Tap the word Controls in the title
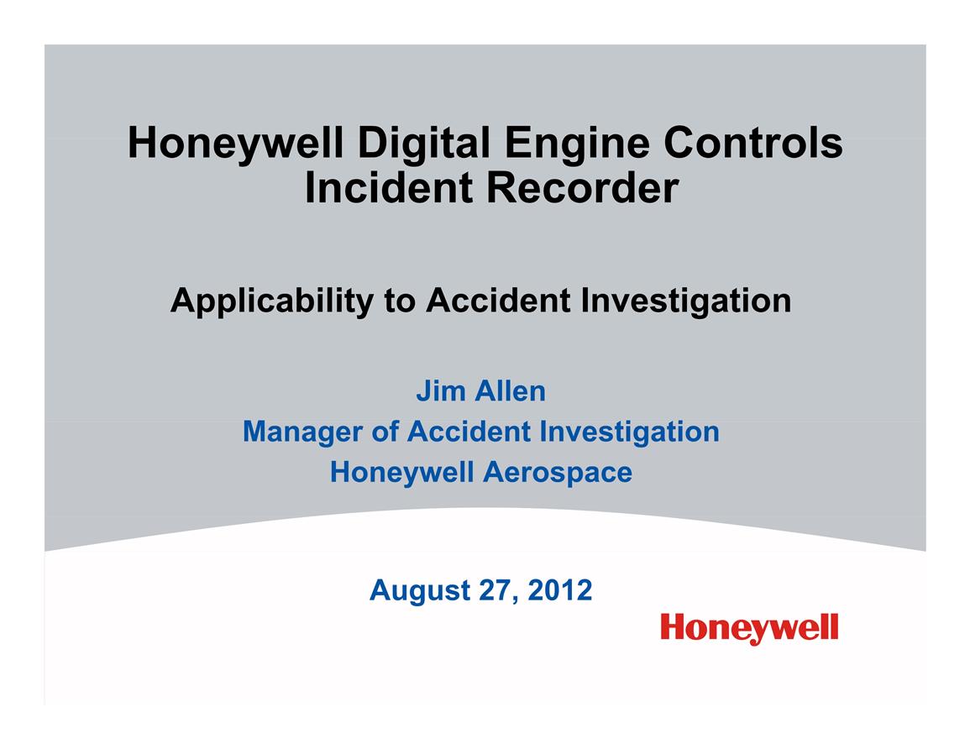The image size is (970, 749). coord(752,143)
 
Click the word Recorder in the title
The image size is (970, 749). coord(583,187)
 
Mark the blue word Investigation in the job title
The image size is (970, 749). coord(630,431)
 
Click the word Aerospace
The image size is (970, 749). coord(558,473)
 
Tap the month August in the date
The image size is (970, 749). coord(420,591)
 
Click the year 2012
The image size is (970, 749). coord(560,590)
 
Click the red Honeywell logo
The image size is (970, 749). coord(749,629)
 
